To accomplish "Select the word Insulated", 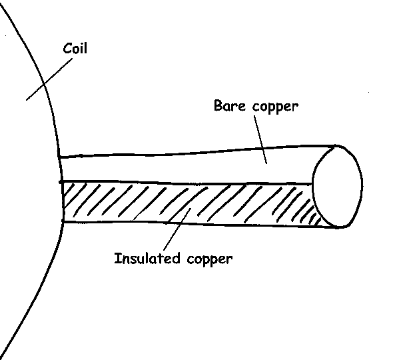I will (x=144, y=257).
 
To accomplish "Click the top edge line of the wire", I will (x=200, y=152).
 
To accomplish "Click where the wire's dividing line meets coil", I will (x=61, y=181).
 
